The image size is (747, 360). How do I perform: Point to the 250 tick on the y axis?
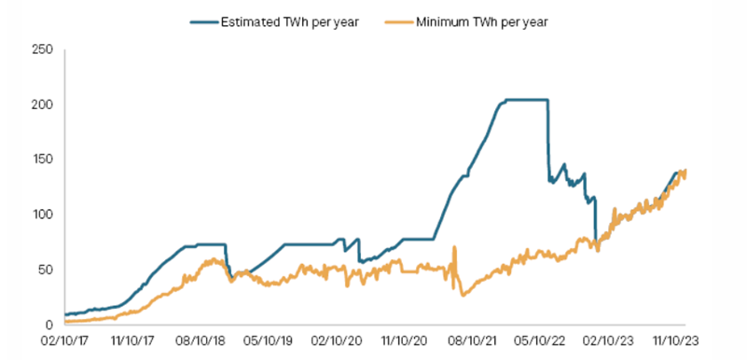(42, 49)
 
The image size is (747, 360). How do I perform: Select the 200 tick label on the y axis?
(42, 104)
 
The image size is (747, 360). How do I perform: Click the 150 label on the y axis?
(42, 159)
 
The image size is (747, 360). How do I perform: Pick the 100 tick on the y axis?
(42, 215)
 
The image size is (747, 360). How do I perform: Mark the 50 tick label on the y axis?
(45, 270)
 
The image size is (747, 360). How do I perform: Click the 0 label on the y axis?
(48, 325)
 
